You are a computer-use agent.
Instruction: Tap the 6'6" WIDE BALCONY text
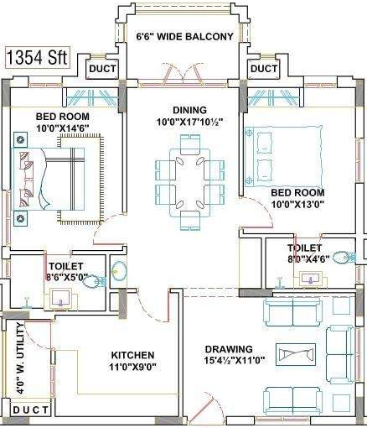(184, 37)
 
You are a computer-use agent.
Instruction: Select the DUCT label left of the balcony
(102, 68)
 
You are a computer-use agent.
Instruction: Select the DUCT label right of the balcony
(264, 68)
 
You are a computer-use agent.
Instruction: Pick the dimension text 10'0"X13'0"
(297, 203)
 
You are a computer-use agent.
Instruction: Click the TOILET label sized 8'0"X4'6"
(302, 248)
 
